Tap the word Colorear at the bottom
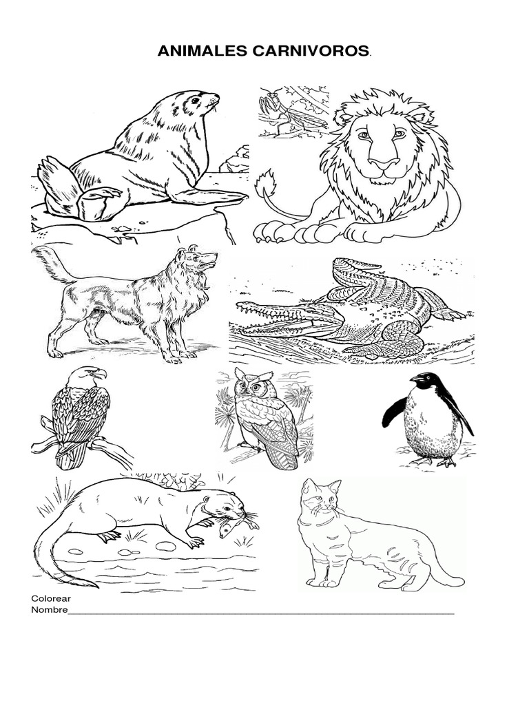pos(51,598)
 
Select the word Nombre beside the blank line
pos(49,610)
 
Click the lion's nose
pos(383,162)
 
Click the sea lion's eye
pos(194,101)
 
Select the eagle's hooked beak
pos(100,373)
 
